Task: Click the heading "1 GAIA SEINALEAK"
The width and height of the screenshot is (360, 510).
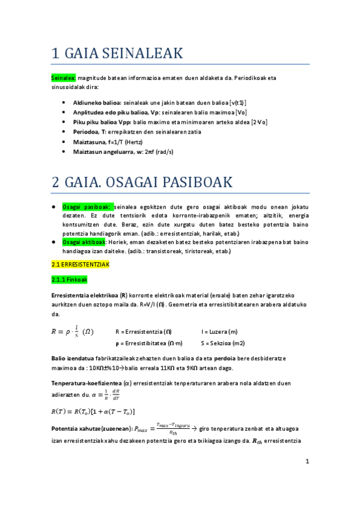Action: (117, 54)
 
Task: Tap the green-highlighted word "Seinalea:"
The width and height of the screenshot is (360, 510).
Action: (63, 78)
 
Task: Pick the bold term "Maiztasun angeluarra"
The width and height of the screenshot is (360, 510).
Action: (104, 152)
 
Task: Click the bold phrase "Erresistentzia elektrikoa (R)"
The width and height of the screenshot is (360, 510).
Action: (89, 295)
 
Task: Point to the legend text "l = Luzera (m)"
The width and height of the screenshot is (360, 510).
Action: (219, 331)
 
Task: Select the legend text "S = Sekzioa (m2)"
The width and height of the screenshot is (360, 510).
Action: (223, 343)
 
